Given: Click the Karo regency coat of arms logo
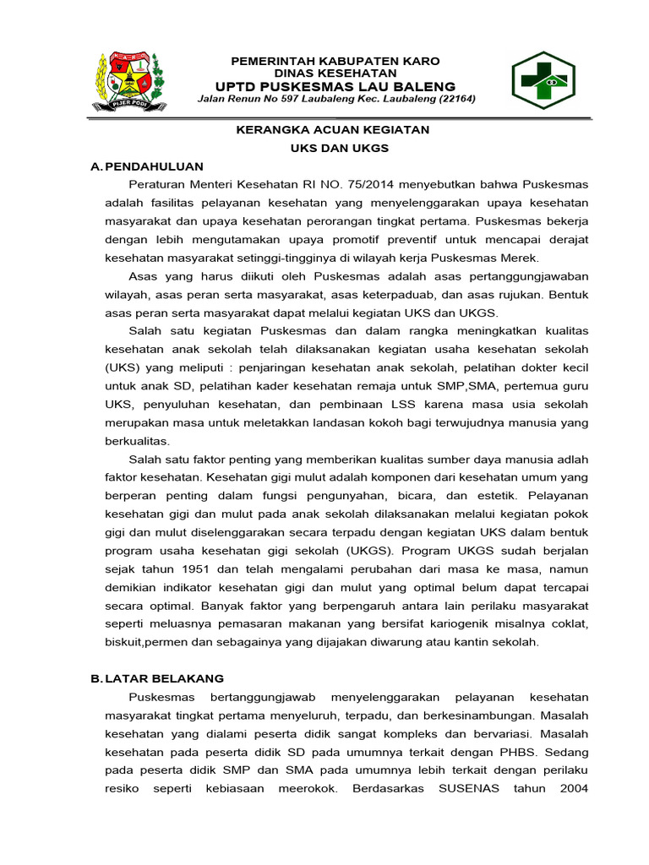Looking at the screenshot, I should point(128,80).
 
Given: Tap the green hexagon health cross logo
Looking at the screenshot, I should point(544,81).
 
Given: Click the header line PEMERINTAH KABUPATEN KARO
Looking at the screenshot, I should point(335,62).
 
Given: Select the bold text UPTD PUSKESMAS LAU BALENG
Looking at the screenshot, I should point(335,86).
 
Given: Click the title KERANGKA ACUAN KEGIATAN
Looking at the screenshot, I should point(332,129).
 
